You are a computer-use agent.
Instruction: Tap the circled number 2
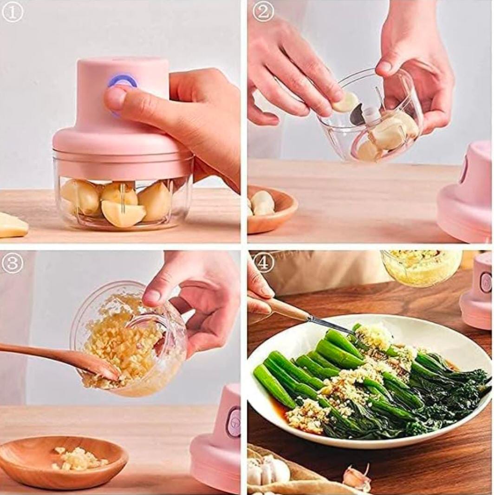(263, 12)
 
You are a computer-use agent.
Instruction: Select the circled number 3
(12, 263)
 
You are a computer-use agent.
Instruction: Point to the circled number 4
(263, 263)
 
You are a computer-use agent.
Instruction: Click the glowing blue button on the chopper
(123, 81)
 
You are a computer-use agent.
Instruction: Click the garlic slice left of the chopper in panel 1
(12, 225)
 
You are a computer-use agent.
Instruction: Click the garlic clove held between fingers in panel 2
(346, 102)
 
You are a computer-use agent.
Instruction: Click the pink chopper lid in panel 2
(467, 195)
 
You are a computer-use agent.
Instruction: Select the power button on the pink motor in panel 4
(486, 282)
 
